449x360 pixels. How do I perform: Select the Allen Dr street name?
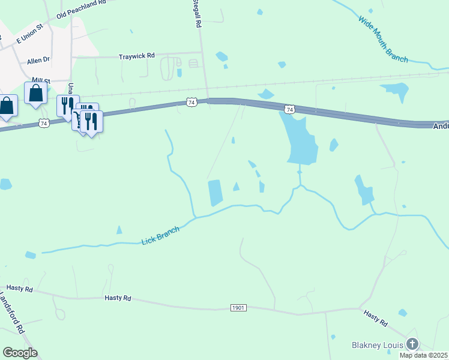coord(39,61)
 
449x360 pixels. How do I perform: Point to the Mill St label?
coord(41,80)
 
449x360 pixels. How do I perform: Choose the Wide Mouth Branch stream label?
coord(383,40)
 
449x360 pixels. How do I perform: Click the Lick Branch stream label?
coord(160,235)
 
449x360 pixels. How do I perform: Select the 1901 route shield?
coord(238,308)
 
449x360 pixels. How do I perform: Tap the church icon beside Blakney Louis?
coord(412,344)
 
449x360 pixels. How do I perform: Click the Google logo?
coord(20,353)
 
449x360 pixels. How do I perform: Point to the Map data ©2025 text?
coord(424,355)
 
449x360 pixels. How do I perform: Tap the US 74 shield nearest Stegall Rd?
coord(191,103)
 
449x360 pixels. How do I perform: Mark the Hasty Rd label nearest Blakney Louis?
coord(376,317)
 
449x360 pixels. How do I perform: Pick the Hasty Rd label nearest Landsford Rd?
coord(19,289)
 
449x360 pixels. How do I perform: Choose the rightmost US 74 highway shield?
coord(290,109)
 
